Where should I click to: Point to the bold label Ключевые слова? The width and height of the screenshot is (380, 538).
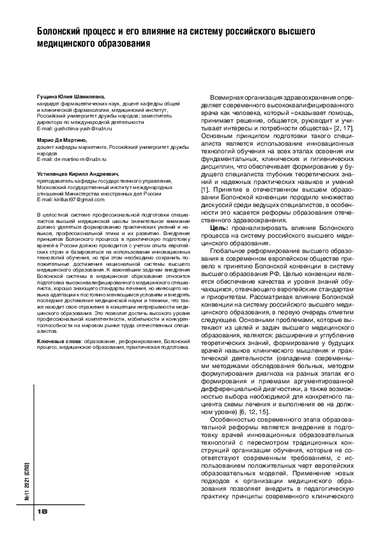pyautogui.click(x=54, y=342)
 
